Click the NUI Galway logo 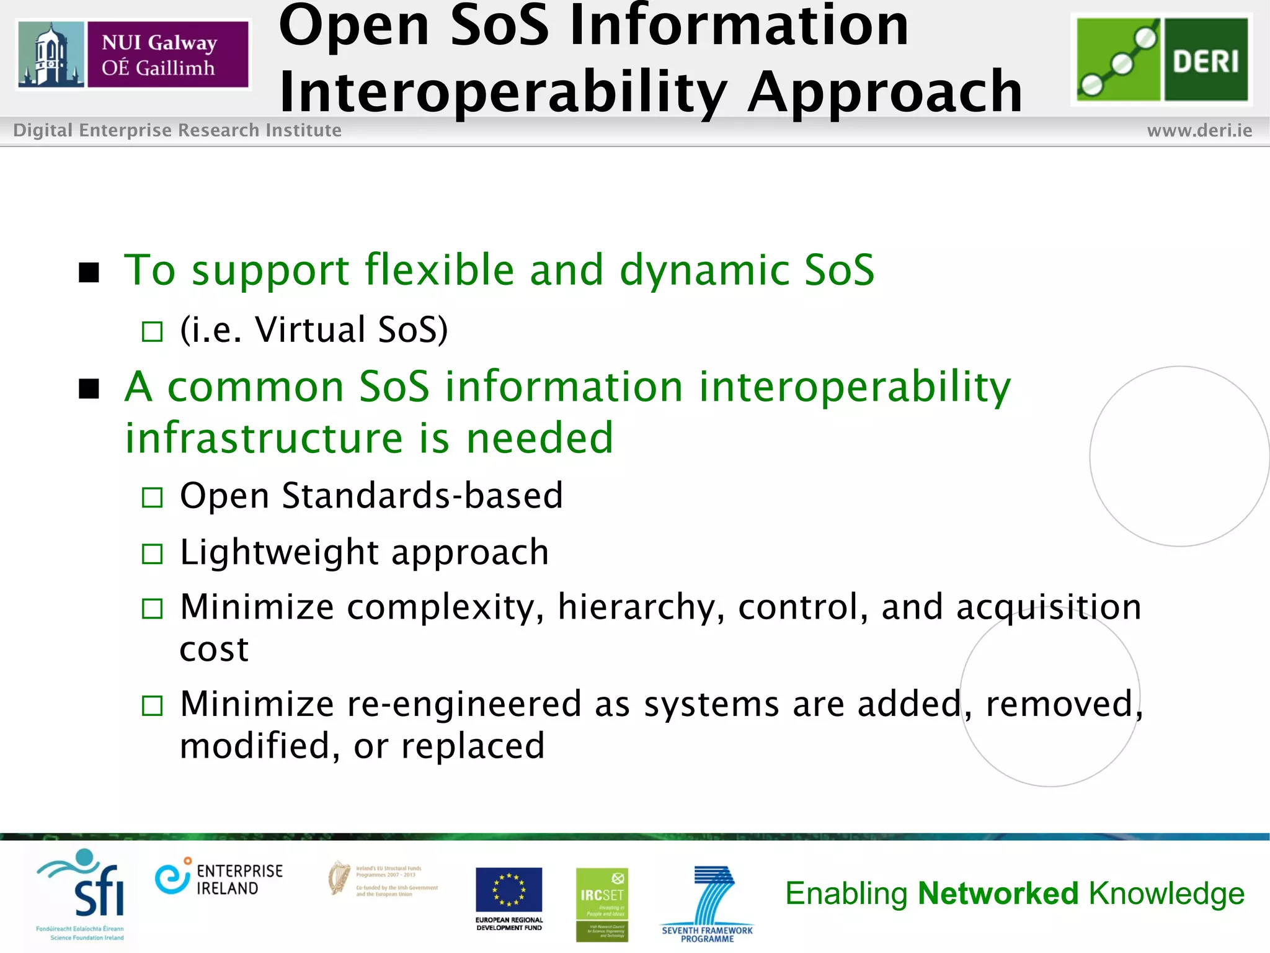pos(133,55)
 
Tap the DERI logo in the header pos(1161,59)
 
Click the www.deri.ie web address pos(1199,130)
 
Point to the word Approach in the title pos(885,93)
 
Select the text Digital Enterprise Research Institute pos(177,130)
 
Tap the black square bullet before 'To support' pos(89,272)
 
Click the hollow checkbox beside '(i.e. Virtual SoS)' pos(152,332)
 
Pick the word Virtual pos(310,329)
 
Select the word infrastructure pos(264,438)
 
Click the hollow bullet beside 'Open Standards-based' pos(152,498)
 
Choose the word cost pos(214,650)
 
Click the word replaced pos(473,746)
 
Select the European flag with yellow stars pos(508,890)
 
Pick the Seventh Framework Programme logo pos(708,903)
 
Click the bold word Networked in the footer pos(998,893)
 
